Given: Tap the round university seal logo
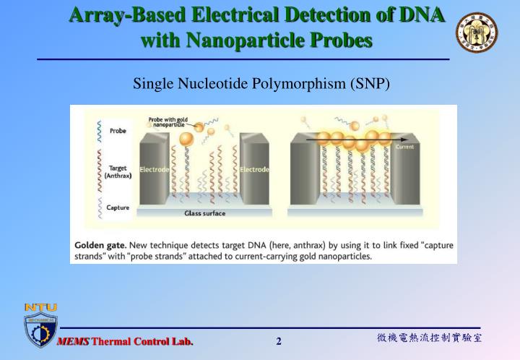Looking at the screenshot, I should click(476, 33).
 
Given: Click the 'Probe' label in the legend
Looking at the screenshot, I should click(117, 131).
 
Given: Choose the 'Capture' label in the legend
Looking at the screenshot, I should click(118, 208).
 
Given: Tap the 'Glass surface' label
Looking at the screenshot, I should click(205, 214).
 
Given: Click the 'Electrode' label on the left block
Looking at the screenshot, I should click(154, 169).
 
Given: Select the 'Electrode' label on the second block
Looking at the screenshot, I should click(254, 169).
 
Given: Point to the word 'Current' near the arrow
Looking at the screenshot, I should click(404, 147).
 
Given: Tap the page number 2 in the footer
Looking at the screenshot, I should click(279, 342).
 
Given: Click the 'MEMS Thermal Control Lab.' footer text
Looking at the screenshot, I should click(126, 341).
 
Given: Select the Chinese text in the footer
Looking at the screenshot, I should click(429, 338).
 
